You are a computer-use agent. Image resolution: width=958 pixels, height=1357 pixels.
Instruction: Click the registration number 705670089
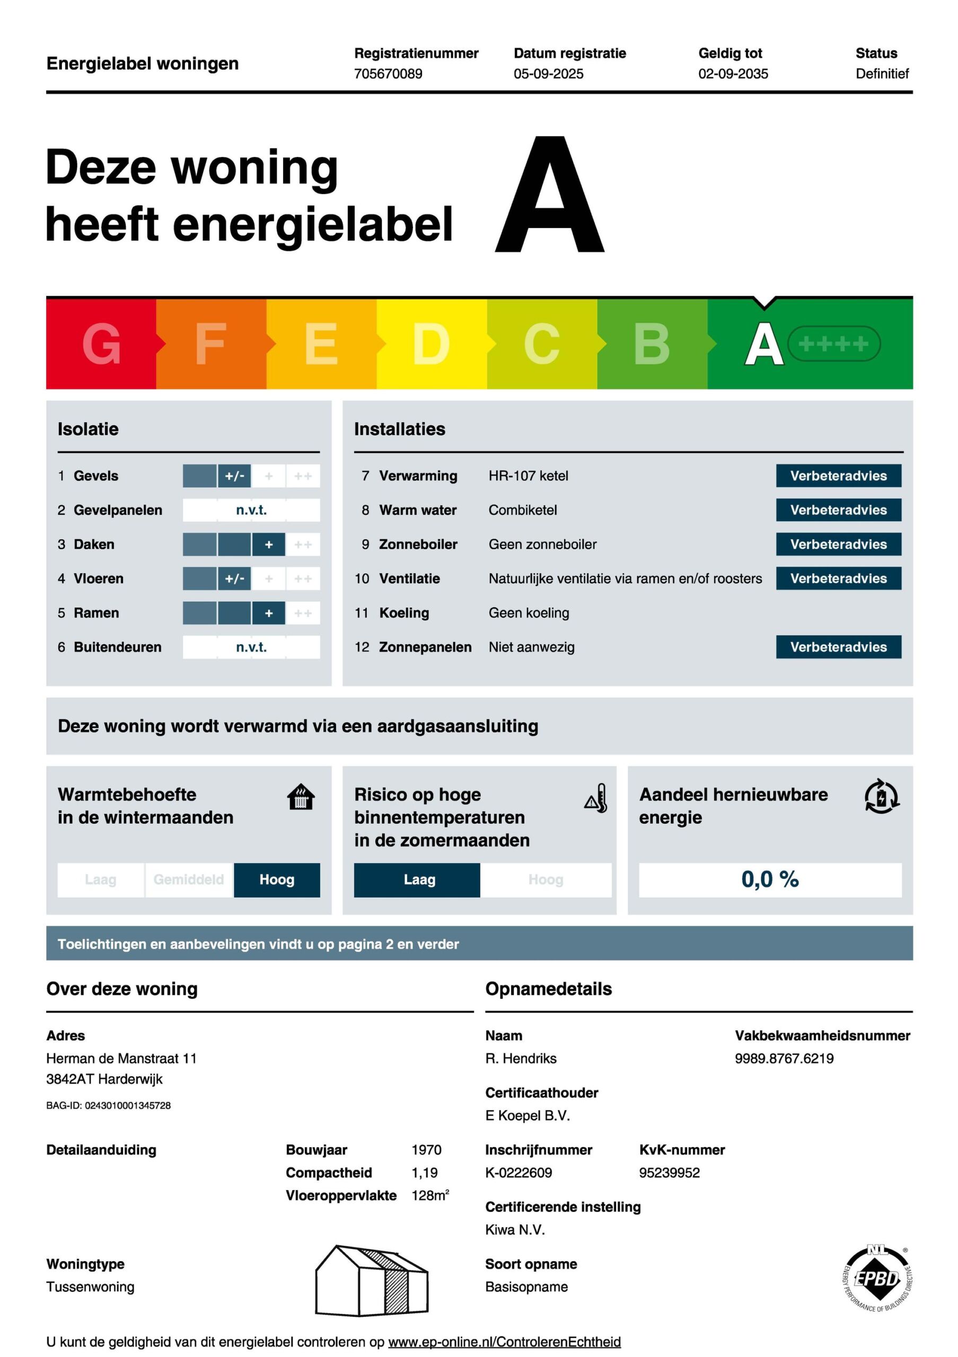click(388, 74)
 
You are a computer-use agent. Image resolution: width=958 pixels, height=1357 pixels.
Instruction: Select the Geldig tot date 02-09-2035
click(733, 74)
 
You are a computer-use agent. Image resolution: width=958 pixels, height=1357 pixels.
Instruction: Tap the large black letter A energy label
click(550, 195)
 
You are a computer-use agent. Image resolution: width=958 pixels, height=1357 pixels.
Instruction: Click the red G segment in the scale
click(101, 344)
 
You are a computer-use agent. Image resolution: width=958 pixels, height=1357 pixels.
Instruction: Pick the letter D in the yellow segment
click(431, 344)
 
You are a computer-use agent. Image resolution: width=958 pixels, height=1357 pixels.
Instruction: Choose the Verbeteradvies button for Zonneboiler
click(838, 544)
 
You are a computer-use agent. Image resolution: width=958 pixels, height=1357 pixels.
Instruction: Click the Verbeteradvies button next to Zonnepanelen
click(838, 647)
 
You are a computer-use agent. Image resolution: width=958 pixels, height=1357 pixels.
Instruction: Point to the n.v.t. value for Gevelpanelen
click(251, 510)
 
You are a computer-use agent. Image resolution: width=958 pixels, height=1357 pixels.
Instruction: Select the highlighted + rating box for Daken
click(268, 544)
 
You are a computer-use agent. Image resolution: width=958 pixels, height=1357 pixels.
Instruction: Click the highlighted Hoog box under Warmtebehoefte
click(277, 879)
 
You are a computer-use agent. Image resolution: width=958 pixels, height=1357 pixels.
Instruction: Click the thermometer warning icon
click(596, 798)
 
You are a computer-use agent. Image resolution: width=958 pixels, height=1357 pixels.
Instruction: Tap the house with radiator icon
click(300, 797)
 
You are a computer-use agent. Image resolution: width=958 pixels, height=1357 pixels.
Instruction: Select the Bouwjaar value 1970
click(426, 1150)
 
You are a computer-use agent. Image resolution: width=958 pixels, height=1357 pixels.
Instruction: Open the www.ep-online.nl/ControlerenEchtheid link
click(504, 1342)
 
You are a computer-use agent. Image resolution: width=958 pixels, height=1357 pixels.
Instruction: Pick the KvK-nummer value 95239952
click(669, 1173)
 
